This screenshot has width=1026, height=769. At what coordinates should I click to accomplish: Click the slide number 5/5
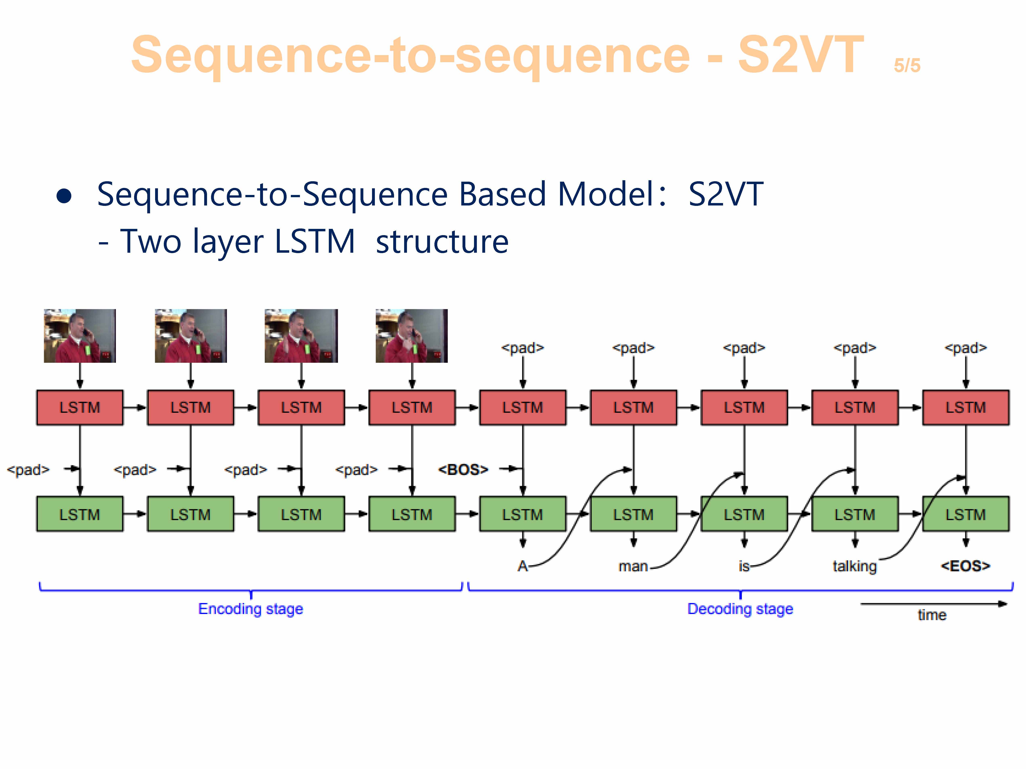point(907,65)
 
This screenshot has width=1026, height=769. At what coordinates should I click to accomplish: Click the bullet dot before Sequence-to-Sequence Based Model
point(64,196)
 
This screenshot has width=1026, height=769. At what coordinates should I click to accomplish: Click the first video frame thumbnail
point(80,336)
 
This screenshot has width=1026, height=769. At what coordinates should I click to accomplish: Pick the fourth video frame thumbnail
point(411,336)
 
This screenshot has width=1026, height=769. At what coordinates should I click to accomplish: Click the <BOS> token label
point(463,469)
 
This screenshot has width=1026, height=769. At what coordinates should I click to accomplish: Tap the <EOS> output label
point(965,566)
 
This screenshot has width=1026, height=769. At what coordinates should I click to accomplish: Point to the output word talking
point(854,566)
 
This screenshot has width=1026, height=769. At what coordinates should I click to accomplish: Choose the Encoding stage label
point(250,609)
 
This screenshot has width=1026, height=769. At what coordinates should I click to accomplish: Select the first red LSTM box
point(80,408)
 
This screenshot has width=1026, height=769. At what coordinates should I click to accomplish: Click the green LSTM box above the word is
point(744,514)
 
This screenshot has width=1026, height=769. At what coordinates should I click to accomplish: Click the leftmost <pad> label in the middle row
point(28,469)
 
